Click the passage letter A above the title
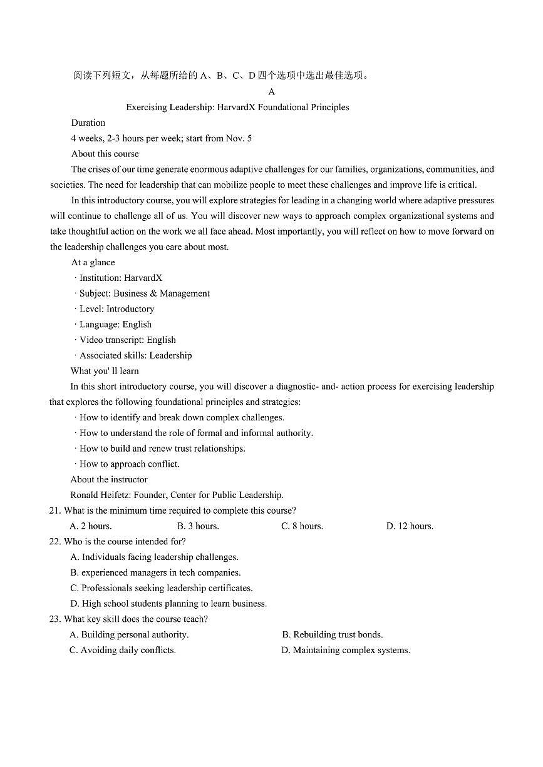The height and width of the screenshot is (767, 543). [x=272, y=92]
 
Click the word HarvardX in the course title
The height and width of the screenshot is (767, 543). [x=236, y=107]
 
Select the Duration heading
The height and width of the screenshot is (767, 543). [x=88, y=123]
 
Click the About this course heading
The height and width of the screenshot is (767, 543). [x=105, y=153]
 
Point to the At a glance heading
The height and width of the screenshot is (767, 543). [x=93, y=262]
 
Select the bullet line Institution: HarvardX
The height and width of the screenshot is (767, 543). [x=120, y=278]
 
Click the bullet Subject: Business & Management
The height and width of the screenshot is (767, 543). [x=144, y=293]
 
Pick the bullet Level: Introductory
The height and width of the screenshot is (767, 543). [x=116, y=309]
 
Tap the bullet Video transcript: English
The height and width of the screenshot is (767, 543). [x=127, y=340]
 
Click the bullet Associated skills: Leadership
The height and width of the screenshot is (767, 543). [x=135, y=355]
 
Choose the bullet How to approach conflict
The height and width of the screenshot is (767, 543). [x=129, y=464]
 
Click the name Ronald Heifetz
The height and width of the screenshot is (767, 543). [x=100, y=495]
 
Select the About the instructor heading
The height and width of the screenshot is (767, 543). [x=109, y=479]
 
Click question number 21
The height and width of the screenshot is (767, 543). [x=54, y=510]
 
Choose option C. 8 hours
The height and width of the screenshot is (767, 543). [x=302, y=526]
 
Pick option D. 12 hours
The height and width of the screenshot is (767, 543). [x=410, y=526]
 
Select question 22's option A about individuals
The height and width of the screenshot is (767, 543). [x=154, y=557]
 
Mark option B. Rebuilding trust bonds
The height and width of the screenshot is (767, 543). [x=333, y=634]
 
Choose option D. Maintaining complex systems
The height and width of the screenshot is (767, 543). [x=346, y=650]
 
